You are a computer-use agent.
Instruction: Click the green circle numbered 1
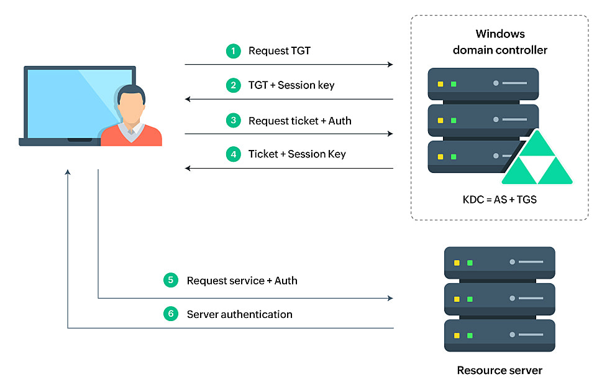[x=233, y=51]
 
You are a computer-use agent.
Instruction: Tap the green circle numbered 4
[x=233, y=154]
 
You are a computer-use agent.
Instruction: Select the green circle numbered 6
[x=171, y=314]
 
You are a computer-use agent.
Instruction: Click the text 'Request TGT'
[x=279, y=51]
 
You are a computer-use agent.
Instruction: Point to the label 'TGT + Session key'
[x=291, y=85]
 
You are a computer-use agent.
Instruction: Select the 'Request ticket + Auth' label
[x=299, y=121]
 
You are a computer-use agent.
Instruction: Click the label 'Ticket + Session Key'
[x=297, y=154]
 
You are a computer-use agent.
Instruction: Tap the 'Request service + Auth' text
[x=242, y=281]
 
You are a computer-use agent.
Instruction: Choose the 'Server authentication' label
[x=239, y=314]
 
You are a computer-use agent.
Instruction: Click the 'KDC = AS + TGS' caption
[x=499, y=201]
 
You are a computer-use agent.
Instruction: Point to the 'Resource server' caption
[x=500, y=371]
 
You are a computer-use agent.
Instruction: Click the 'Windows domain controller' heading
[x=500, y=42]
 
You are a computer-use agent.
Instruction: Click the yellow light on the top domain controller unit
[x=440, y=83]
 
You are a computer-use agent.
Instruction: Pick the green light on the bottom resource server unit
[x=470, y=336]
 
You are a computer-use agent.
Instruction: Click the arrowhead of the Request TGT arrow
[x=390, y=65]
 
